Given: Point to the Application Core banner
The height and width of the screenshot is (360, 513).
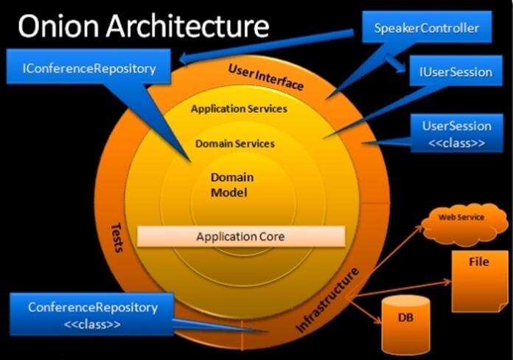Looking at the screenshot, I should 240,237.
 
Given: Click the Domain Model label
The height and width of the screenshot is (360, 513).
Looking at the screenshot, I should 232,185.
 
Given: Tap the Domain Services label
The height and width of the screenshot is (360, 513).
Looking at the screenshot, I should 235,143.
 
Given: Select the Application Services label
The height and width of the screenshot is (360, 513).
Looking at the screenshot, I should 239,108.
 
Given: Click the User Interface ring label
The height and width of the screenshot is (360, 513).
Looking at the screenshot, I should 266,76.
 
